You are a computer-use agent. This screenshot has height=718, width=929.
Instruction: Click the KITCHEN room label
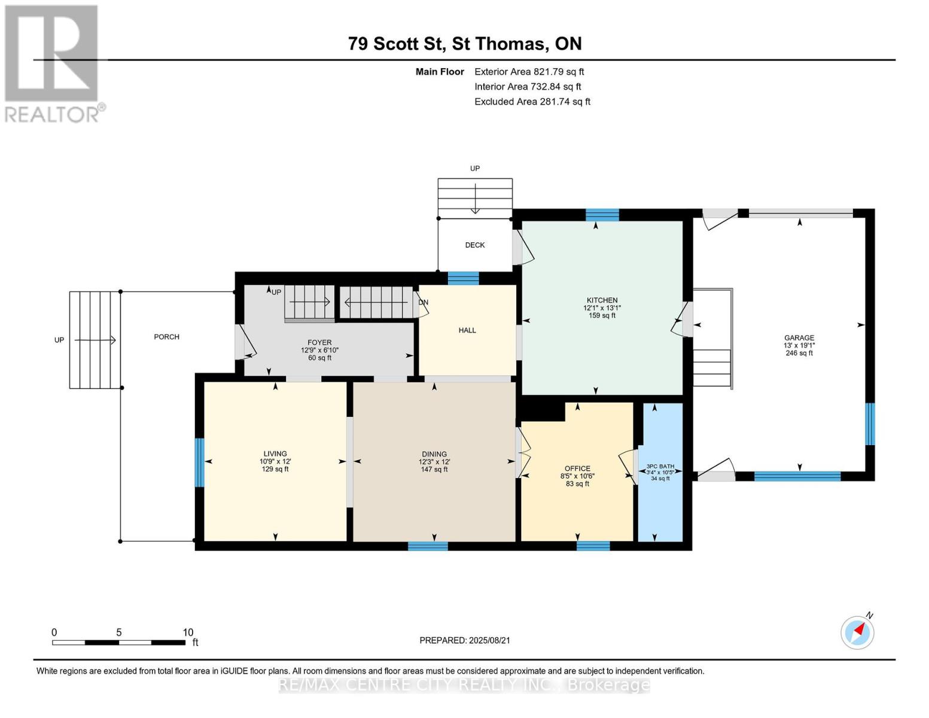[602, 300]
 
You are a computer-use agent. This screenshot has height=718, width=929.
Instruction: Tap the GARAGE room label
[799, 337]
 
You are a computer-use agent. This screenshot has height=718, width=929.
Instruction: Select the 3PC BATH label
[660, 466]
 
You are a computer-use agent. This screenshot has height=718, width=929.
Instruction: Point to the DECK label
[475, 245]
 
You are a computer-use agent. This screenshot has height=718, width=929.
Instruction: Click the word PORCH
[166, 337]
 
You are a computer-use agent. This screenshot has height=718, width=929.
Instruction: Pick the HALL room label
[467, 330]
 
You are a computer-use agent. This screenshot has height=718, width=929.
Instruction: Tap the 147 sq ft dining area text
[434, 469]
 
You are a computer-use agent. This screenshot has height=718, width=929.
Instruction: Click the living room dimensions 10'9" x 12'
[275, 461]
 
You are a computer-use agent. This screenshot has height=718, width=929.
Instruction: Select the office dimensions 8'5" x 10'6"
[577, 476]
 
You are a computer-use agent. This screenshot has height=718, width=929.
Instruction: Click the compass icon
[857, 633]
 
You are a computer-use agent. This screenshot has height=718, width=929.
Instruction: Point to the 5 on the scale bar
[119, 632]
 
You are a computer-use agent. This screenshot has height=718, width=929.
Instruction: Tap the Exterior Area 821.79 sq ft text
[529, 72]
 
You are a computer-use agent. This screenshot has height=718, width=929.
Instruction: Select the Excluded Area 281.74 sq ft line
[532, 102]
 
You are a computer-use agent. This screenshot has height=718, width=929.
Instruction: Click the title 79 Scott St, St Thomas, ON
[465, 44]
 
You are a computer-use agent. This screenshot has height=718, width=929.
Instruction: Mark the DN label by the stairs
[424, 303]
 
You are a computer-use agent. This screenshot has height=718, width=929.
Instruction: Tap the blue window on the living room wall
[199, 463]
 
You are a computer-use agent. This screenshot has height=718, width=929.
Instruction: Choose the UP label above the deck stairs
[475, 169]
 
